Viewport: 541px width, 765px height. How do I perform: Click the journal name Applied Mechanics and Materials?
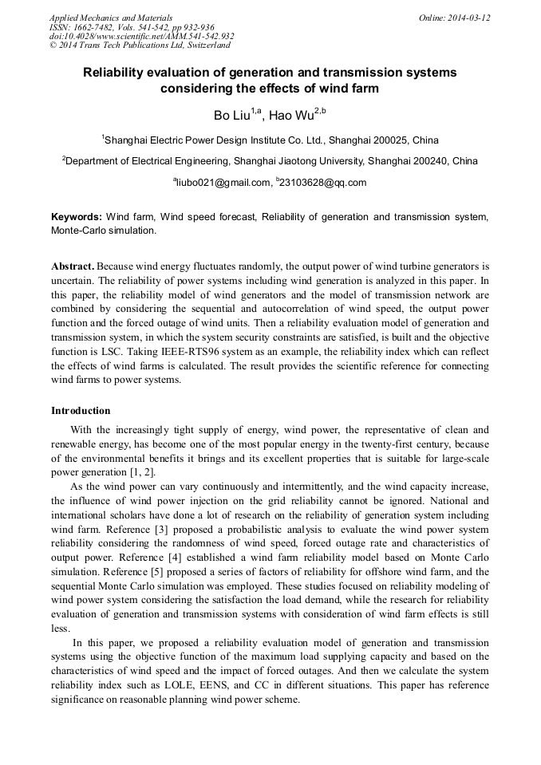[x=110, y=17]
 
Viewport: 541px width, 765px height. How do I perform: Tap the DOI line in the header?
[x=141, y=36]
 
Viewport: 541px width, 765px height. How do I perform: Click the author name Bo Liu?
[x=231, y=116]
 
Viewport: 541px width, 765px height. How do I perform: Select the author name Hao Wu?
[x=291, y=116]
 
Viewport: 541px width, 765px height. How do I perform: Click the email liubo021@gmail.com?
[x=223, y=183]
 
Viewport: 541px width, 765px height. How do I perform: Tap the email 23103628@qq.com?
[x=323, y=183]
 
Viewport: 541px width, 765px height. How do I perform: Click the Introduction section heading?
[x=81, y=411]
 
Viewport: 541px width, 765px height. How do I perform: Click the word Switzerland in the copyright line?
[x=203, y=45]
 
